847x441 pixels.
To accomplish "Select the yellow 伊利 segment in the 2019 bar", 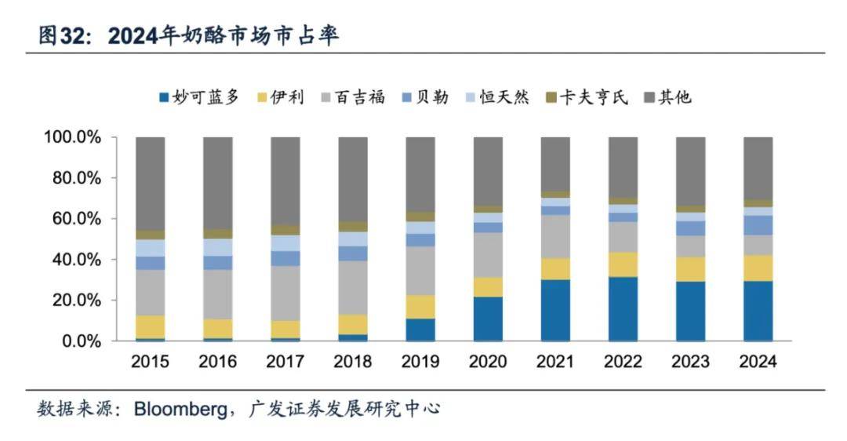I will coord(420,306).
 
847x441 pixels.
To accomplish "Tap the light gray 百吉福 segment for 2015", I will coord(151,292).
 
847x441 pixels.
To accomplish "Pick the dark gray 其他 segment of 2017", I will coord(285,181).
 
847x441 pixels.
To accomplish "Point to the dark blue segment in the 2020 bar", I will coord(488,319).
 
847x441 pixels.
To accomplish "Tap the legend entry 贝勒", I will coord(424,97).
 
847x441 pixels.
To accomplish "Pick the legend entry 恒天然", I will coord(497,97).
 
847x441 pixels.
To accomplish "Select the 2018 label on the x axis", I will coord(353,362).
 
